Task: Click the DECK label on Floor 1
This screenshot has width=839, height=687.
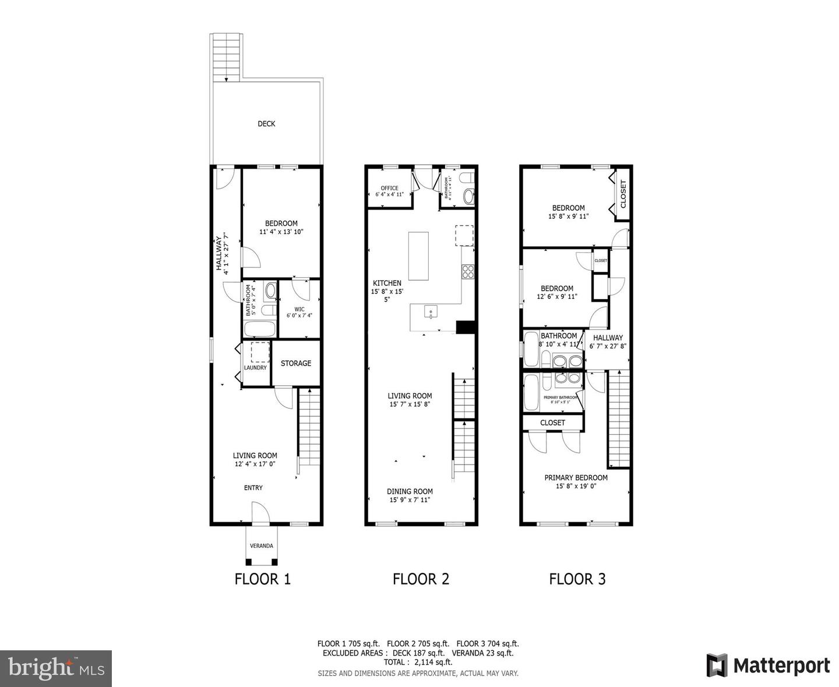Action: coord(266,123)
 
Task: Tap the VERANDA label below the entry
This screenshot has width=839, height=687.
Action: coord(261,546)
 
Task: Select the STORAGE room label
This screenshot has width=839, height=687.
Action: coord(296,363)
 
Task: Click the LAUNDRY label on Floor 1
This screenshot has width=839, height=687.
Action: coord(255,368)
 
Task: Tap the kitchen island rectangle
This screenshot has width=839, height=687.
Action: coord(418,256)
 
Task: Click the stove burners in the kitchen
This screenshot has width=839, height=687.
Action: coord(468,271)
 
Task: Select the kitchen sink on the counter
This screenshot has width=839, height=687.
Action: coord(431,313)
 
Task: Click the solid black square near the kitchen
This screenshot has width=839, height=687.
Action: coord(466,327)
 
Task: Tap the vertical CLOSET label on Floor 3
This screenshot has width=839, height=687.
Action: coord(623,194)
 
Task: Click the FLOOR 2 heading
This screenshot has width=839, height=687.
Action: coord(421,579)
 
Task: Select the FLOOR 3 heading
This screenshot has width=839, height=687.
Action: coord(577,579)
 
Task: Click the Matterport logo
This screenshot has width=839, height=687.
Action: coord(769,665)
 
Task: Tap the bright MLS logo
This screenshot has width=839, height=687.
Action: coord(56,668)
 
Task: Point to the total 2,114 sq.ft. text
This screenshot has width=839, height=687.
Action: coord(418,662)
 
